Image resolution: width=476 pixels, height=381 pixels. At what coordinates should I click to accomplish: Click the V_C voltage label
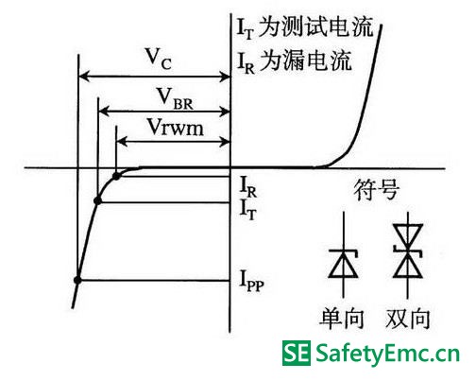159,59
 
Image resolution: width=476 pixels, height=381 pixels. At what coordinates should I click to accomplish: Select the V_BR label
175,98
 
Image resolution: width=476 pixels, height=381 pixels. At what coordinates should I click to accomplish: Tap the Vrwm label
176,128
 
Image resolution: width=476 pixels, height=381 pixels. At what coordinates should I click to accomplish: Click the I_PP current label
251,281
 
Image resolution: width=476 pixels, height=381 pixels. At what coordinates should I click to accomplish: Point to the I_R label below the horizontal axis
248,187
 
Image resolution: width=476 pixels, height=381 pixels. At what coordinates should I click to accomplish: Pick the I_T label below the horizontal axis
248,209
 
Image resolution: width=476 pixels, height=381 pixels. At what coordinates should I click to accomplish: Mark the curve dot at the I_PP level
77,280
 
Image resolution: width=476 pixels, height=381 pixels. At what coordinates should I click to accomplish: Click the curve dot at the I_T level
97,200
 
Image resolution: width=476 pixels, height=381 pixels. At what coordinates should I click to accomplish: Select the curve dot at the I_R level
116,176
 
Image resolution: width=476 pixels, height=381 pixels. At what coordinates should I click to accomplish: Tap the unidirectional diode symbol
343,255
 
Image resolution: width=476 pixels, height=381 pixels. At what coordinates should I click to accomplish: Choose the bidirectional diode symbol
408,255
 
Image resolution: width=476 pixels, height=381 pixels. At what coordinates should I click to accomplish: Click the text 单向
342,319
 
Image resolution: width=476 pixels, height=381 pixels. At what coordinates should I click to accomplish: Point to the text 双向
408,319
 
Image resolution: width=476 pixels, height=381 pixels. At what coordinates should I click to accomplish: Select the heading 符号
377,190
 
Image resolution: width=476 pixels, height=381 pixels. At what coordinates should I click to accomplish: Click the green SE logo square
297,353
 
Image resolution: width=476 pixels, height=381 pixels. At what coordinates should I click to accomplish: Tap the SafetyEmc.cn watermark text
387,354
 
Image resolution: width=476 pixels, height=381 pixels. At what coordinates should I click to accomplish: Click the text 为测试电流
315,26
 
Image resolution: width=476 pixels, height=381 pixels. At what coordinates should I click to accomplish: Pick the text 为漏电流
305,61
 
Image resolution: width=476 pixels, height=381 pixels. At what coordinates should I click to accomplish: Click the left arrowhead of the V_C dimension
83,77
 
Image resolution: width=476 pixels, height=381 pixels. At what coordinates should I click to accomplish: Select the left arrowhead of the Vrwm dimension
122,142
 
